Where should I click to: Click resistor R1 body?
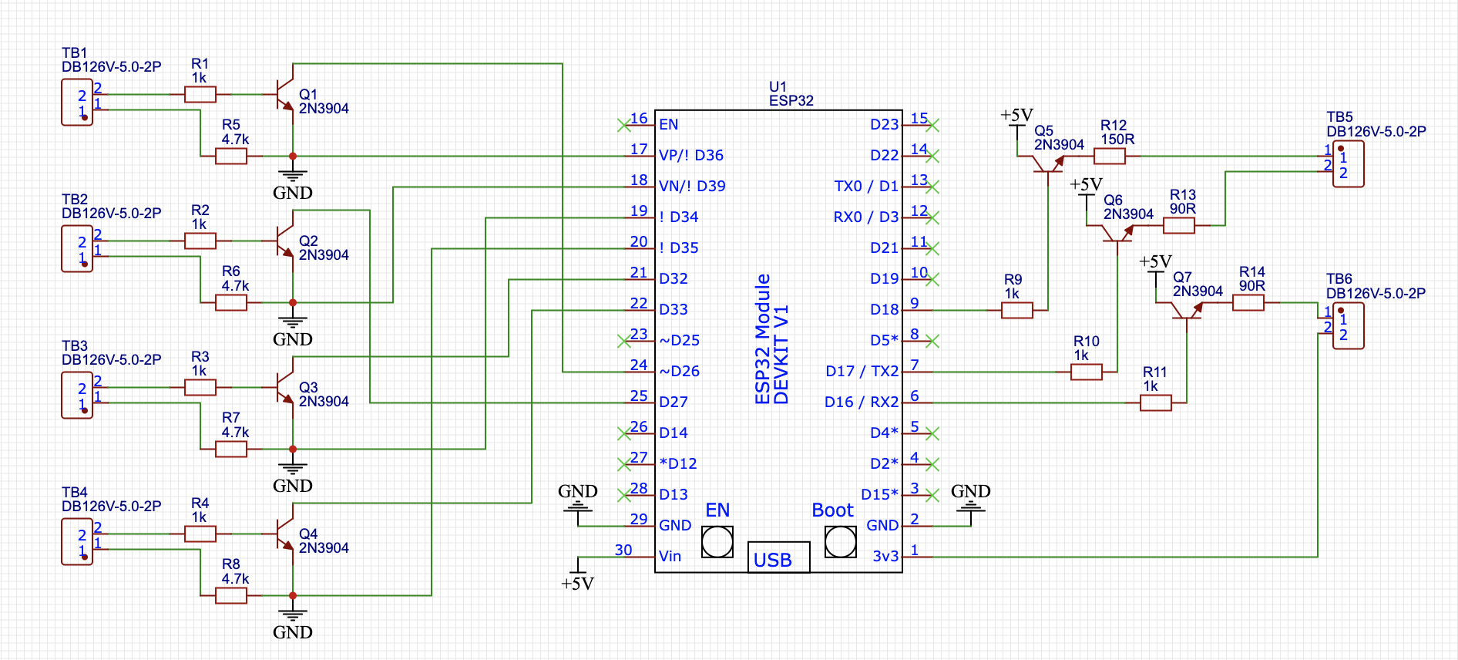200,94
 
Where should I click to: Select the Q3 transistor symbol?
285,387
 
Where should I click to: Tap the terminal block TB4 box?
77,541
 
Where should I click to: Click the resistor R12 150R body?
1110,156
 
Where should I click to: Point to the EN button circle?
717,542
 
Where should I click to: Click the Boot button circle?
840,542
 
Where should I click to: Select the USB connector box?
778,557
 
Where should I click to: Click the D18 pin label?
884,309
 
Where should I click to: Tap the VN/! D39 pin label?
692,186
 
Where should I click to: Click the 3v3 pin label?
885,556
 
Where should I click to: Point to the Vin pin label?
670,556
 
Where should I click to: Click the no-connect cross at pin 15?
932,125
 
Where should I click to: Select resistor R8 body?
231,595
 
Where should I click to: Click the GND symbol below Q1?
293,177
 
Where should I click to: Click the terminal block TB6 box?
1349,325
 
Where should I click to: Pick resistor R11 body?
1156,402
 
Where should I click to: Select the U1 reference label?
778,86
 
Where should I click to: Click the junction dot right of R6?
293,302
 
